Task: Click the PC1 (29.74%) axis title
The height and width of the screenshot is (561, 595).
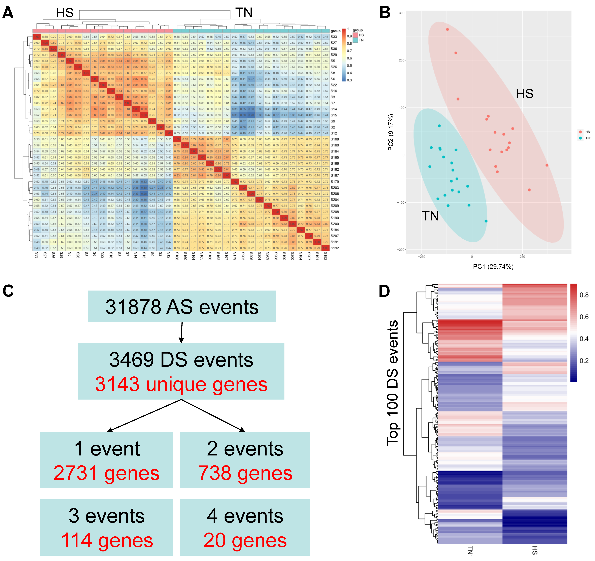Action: click(493, 266)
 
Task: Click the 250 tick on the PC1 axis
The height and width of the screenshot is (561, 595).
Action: click(522, 257)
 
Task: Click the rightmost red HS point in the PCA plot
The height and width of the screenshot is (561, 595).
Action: click(547, 165)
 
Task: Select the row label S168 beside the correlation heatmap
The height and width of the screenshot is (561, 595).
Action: click(335, 139)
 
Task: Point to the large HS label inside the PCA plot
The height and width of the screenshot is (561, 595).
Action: click(524, 94)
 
